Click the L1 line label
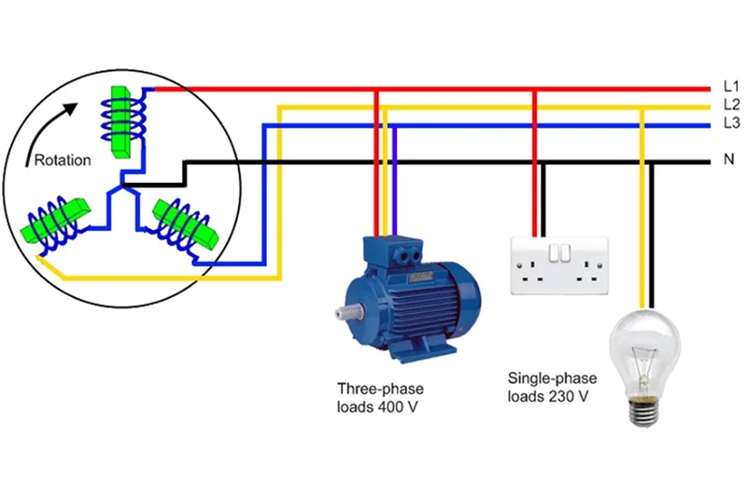click(x=731, y=86)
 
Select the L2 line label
click(x=731, y=104)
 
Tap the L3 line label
click(x=731, y=122)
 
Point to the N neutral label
click(x=729, y=161)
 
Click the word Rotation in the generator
click(x=63, y=160)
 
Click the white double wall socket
click(x=559, y=266)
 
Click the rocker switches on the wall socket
click(x=559, y=252)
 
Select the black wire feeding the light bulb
click(x=652, y=243)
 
